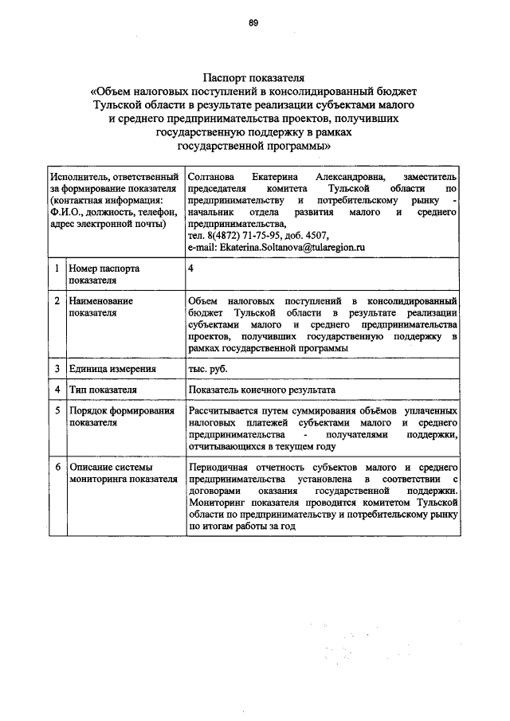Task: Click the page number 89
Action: tap(253, 24)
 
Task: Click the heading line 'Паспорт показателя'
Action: tap(254, 79)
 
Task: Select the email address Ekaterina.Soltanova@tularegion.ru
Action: tap(276, 248)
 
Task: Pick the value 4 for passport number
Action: tap(190, 269)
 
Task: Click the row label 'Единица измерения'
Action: tap(111, 369)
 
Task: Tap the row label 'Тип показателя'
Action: tap(103, 390)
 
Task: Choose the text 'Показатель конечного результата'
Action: tap(261, 390)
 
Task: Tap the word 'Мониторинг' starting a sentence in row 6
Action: tap(217, 504)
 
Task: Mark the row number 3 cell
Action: tap(57, 369)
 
